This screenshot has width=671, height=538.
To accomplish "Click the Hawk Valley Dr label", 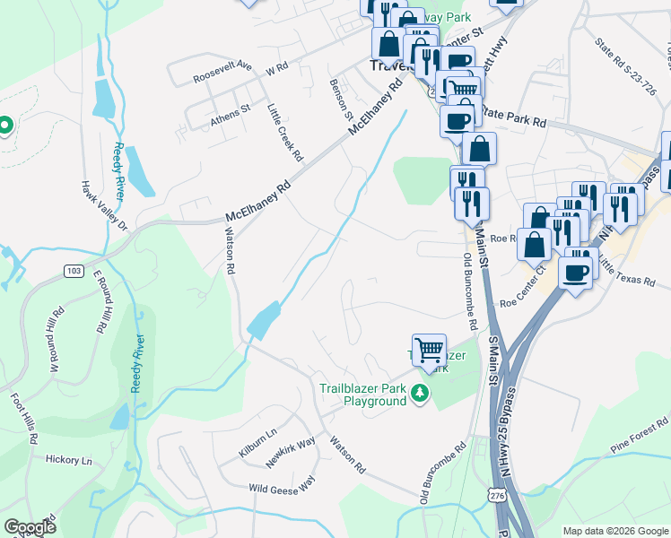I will point(105,205).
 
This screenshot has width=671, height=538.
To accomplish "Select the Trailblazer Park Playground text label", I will point(363,395).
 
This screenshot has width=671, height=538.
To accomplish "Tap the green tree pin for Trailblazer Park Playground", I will point(419,393).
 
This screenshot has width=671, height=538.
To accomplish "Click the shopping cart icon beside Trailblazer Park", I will point(430,350).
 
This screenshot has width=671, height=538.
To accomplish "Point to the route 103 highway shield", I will point(74,269).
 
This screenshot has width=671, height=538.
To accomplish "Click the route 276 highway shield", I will point(497,494).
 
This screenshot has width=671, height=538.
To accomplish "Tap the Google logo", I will point(30,527).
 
